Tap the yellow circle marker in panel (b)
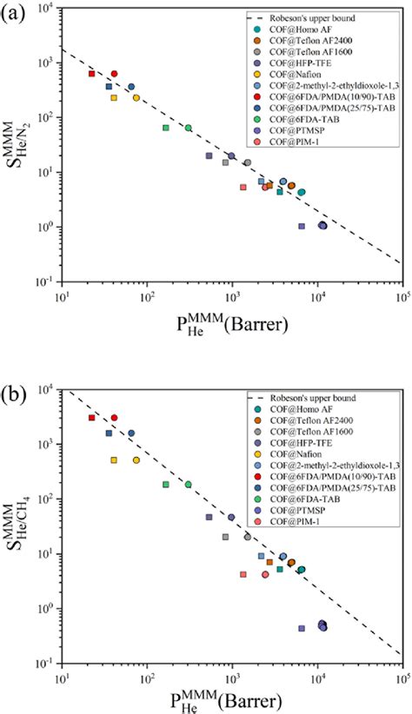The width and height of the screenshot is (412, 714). (136, 460)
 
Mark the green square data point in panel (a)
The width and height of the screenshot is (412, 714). (166, 128)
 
